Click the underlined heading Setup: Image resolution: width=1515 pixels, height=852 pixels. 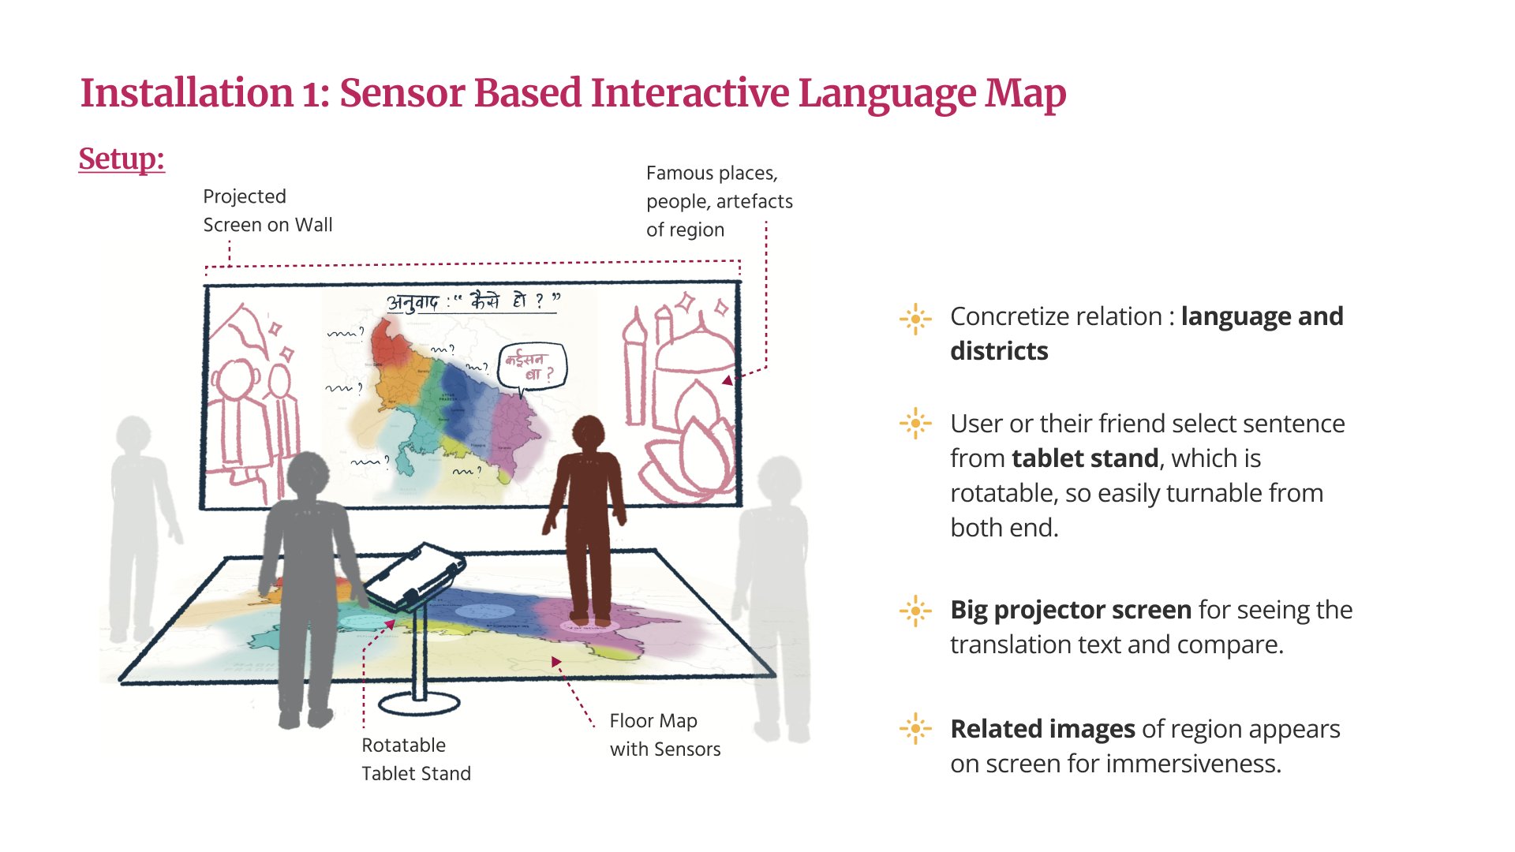(x=122, y=159)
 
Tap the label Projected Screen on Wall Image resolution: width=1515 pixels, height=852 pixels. (x=267, y=211)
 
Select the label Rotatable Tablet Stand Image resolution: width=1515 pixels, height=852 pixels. (x=416, y=759)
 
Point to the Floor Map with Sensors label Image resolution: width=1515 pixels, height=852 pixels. (x=664, y=734)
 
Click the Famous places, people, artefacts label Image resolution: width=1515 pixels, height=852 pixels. (x=719, y=201)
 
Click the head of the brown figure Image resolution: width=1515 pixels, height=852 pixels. (x=588, y=432)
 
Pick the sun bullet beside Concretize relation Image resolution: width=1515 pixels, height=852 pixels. (x=915, y=319)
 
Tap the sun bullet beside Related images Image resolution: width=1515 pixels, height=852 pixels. (x=915, y=728)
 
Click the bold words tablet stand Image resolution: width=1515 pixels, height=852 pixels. (x=1085, y=458)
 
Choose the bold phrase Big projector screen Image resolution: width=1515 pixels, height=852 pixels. (x=1071, y=610)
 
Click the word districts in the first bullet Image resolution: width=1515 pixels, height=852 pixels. (x=999, y=351)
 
